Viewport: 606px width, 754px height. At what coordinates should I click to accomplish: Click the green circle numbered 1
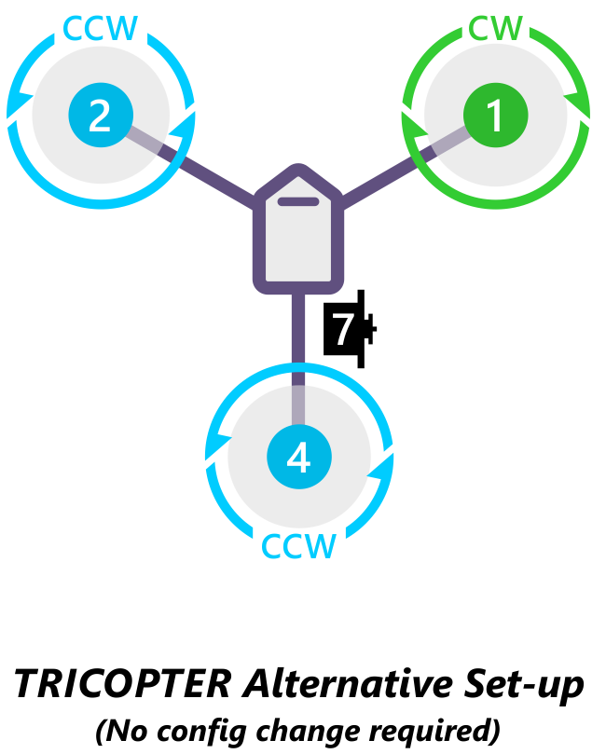click(495, 116)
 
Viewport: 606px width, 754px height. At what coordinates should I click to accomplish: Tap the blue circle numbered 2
click(100, 116)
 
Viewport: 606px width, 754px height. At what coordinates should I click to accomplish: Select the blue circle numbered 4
click(298, 458)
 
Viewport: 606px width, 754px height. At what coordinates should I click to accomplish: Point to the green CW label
click(495, 29)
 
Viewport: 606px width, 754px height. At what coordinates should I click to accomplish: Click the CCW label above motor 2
click(100, 29)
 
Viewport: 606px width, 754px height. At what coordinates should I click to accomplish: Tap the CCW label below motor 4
click(298, 546)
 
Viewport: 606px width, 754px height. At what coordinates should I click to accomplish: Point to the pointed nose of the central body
click(299, 171)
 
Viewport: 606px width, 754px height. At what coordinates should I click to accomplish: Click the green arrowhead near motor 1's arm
click(410, 121)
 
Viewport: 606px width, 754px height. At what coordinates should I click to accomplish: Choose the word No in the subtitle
click(129, 729)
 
